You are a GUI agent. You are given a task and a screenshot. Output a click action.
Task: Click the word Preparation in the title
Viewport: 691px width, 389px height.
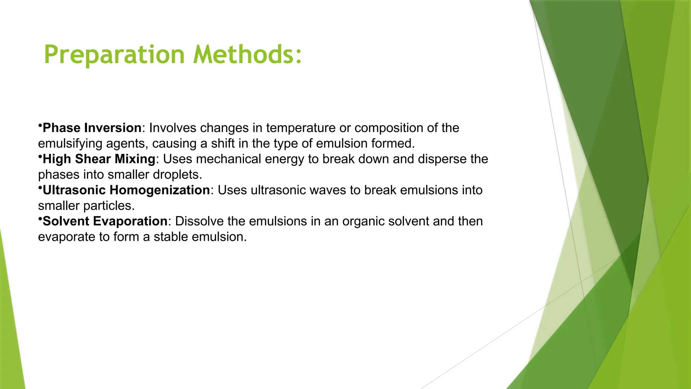point(114,55)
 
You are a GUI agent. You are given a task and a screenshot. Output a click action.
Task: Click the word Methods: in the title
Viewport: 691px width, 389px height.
point(247,55)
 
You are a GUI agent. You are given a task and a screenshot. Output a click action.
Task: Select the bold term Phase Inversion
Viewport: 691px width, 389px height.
point(92,128)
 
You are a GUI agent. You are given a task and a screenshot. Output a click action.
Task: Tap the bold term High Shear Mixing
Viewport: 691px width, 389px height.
point(99,159)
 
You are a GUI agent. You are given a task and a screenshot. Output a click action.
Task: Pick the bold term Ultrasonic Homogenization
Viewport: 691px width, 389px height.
point(126,190)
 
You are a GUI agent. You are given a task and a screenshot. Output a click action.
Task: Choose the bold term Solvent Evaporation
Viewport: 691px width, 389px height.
point(105,221)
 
